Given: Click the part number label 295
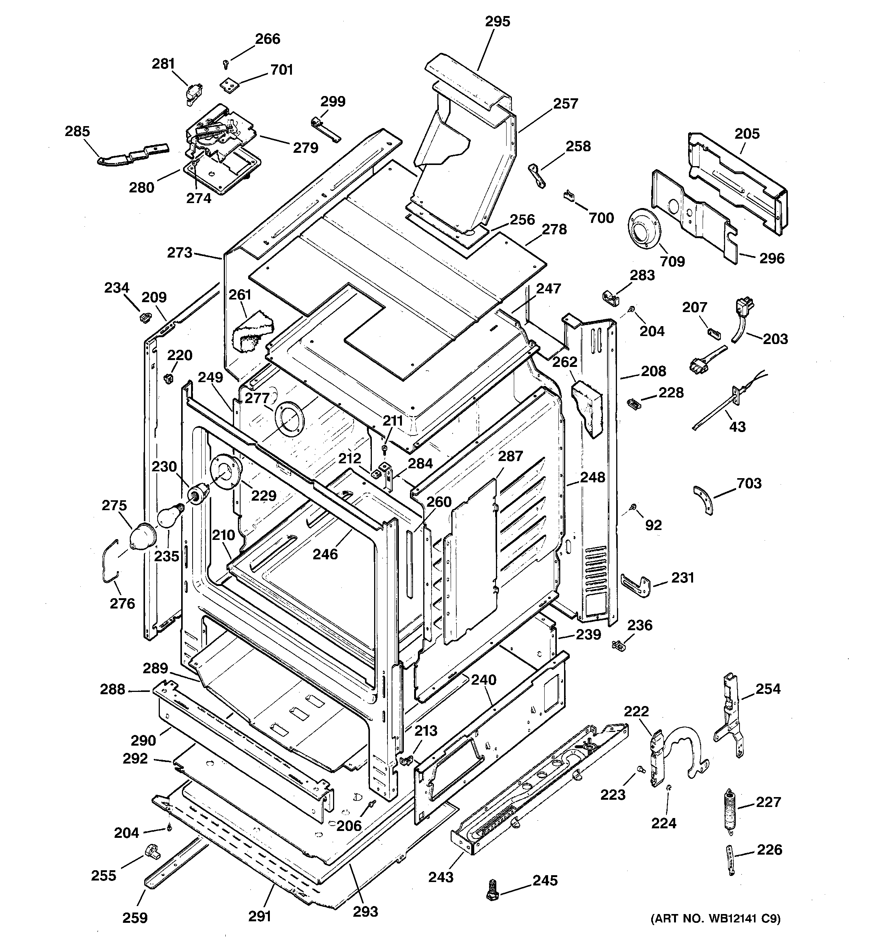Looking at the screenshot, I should click(497, 21).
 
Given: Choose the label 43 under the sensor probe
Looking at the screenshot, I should click(737, 427).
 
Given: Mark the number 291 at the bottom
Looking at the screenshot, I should click(260, 916).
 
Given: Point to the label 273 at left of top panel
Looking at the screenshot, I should click(180, 252).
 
